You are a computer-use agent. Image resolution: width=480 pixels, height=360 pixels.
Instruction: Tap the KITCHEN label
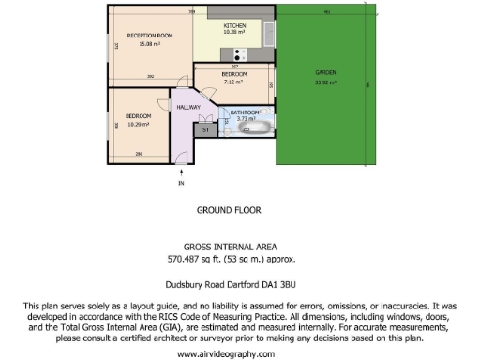[x=233, y=24]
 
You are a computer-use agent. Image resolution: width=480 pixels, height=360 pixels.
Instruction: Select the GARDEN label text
[x=325, y=73]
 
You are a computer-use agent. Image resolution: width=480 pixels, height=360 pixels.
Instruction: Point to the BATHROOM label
[x=246, y=112]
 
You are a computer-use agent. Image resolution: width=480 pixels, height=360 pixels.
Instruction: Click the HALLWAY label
[x=189, y=108]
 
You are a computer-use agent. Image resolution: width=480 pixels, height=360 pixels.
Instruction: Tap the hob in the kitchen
[x=241, y=53]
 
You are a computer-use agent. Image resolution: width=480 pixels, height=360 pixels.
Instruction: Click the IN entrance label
[x=182, y=184]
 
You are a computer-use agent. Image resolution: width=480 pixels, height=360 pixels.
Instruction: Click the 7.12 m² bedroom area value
[x=234, y=81]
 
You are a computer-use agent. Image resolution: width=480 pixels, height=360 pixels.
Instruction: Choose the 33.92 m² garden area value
[x=326, y=82]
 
